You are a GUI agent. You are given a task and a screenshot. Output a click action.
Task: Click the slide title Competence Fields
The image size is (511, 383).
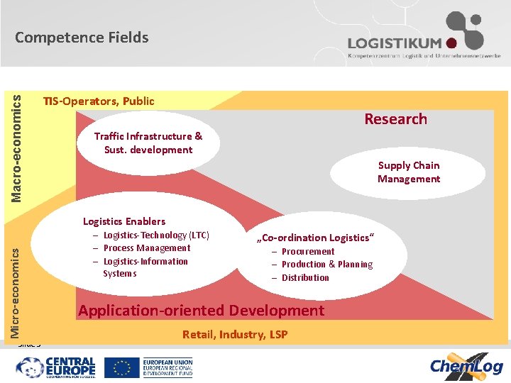coord(82,38)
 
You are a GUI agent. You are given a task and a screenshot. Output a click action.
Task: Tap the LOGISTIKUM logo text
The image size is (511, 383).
coord(395,44)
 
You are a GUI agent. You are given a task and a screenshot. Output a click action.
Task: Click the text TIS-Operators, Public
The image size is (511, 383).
coord(99,101)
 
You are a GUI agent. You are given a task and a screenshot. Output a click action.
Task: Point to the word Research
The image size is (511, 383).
coord(395,119)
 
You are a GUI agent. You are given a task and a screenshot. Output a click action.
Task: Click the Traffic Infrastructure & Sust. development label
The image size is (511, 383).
coord(148,143)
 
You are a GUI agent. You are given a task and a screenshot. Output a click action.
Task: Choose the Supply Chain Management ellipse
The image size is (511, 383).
coord(408,172)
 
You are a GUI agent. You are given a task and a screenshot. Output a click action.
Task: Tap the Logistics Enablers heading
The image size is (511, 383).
coord(124,221)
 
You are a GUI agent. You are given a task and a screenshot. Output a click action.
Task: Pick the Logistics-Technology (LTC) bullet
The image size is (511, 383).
coord(156,235)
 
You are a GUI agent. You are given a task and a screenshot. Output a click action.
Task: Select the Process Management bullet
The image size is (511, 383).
coord(146,248)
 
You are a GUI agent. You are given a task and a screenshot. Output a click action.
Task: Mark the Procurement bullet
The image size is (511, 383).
coord(307,251)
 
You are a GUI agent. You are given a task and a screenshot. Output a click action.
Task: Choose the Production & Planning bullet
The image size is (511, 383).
coord(326,265)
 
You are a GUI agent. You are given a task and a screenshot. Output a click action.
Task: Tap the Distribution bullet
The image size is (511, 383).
coord(305,277)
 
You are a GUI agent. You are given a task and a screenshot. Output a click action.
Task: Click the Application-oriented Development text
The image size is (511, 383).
coord(201,311)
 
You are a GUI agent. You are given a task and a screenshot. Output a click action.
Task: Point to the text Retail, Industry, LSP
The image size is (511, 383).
coord(235,334)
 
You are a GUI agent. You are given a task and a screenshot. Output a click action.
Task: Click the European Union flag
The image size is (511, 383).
coord(122,367)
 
